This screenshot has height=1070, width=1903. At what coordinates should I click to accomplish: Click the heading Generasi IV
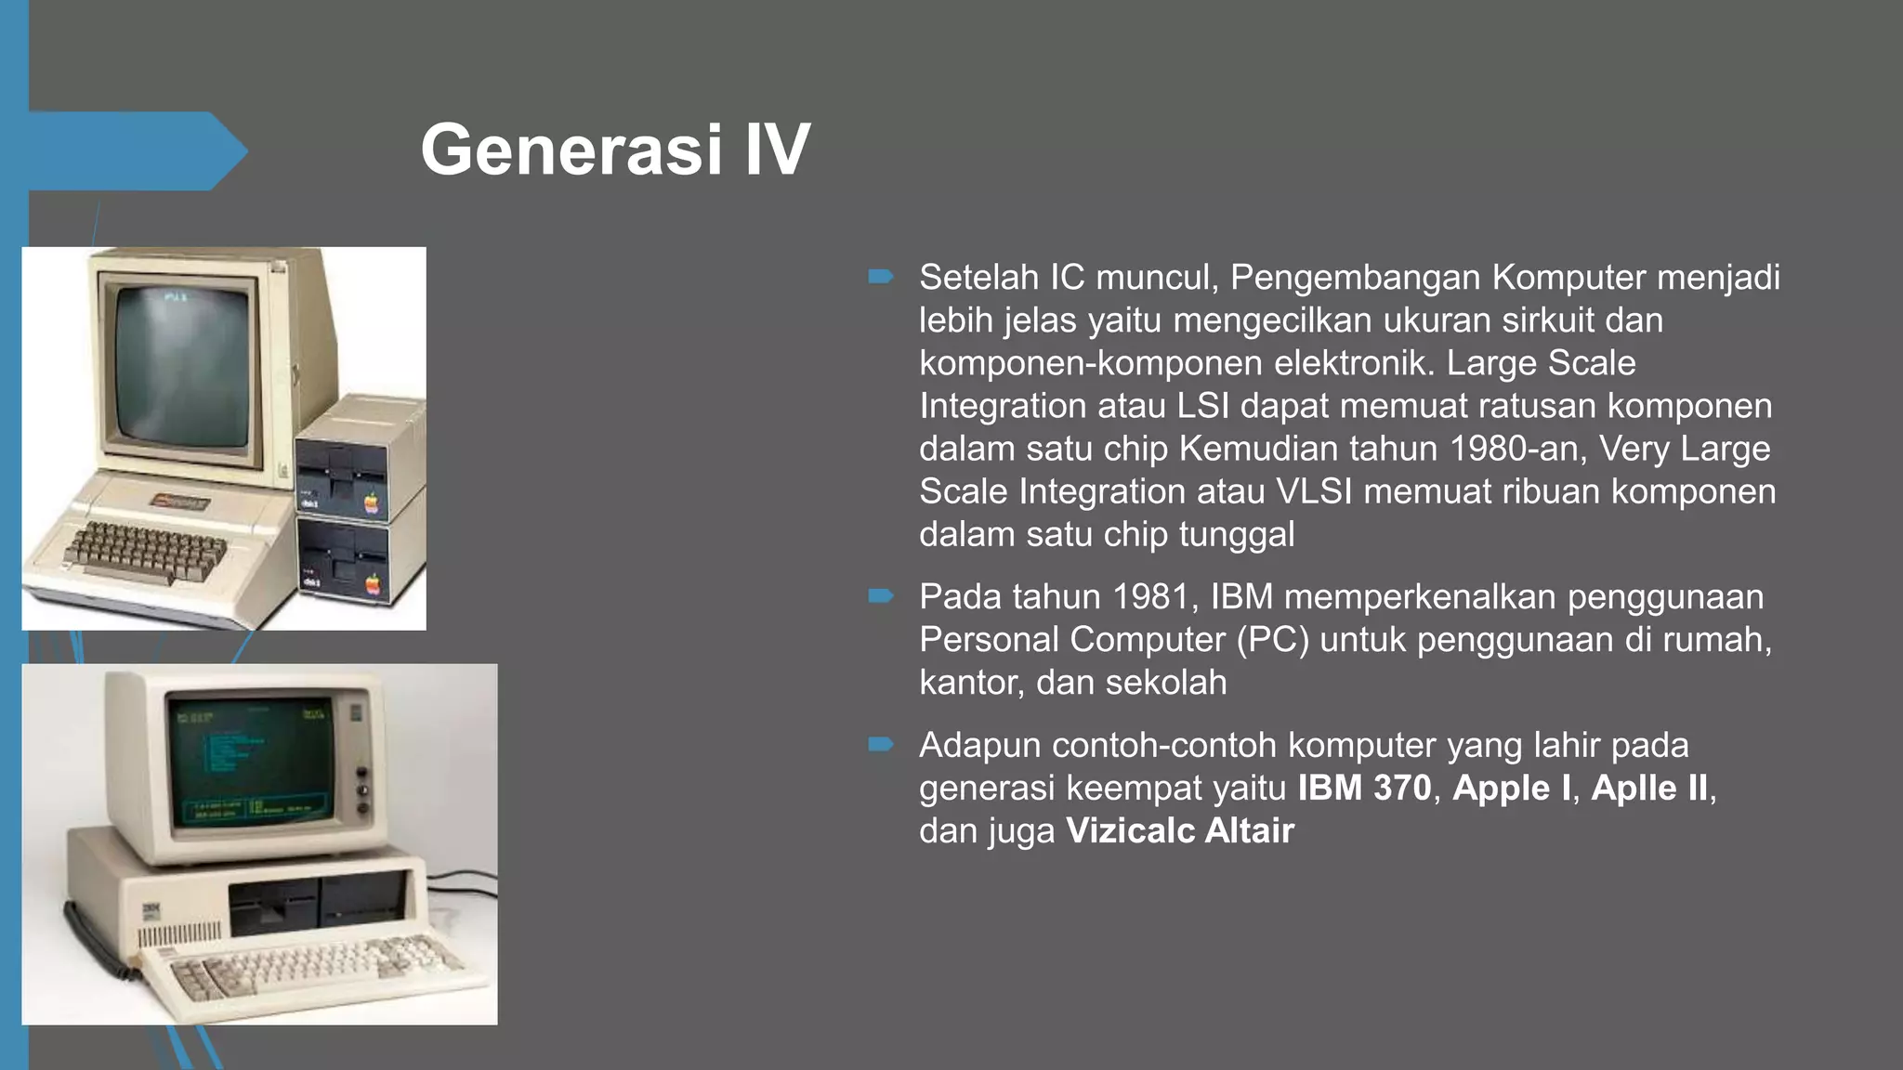tap(615, 150)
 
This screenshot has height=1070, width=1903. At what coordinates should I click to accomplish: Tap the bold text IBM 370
tap(1364, 789)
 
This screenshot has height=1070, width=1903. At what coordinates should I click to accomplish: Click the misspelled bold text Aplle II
tap(1649, 789)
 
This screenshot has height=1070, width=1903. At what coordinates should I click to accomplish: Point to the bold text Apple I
tap(1511, 789)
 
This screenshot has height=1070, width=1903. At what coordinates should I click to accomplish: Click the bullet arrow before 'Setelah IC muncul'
tap(880, 277)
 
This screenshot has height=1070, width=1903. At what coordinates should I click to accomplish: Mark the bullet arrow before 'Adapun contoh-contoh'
tap(880, 745)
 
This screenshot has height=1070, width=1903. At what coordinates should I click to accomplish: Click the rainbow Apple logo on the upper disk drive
tap(371, 504)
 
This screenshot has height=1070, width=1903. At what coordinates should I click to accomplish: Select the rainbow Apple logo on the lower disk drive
tap(373, 585)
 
